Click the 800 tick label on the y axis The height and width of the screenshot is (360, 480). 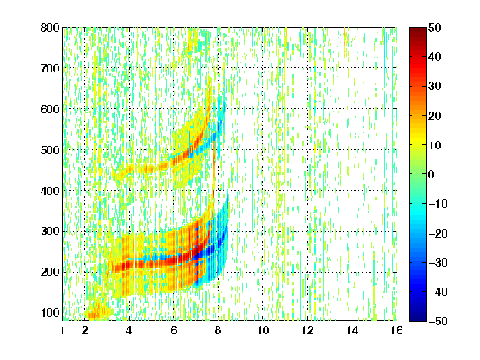50,27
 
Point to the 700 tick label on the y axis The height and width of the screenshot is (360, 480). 50,68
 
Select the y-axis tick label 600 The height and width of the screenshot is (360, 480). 50,109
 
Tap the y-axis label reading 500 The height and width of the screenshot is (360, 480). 50,150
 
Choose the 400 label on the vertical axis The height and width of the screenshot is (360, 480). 50,191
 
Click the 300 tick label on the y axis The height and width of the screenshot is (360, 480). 50,231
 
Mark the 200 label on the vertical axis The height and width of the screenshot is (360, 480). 50,272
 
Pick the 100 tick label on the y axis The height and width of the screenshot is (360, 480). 50,312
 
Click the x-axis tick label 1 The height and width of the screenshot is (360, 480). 62,330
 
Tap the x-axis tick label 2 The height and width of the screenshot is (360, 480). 85,330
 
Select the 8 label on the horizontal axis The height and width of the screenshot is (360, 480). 218,330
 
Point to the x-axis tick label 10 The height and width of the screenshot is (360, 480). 263,330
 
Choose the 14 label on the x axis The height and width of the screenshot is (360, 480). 352,330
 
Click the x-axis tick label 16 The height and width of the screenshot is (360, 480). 397,330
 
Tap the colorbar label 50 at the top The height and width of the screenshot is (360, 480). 435,27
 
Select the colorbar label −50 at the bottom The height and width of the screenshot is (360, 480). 438,321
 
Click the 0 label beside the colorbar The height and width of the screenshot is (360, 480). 432,174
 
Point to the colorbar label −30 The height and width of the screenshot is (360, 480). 438,262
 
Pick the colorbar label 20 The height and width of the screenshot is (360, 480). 435,116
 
